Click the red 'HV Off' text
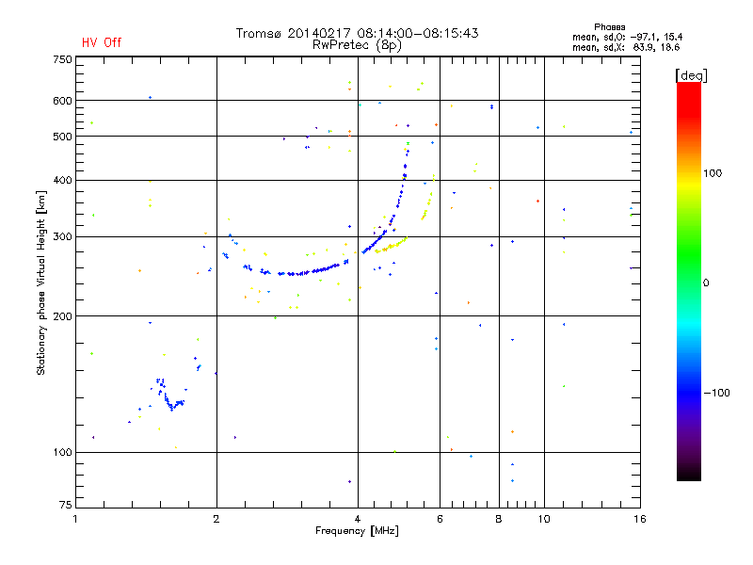pyautogui.click(x=102, y=42)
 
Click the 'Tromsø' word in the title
pyautogui.click(x=259, y=33)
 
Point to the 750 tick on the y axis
pyautogui.click(x=62, y=59)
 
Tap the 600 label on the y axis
pyautogui.click(x=62, y=101)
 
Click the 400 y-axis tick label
pyautogui.click(x=62, y=180)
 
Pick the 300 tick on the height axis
pyautogui.click(x=62, y=236)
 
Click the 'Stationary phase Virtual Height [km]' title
pyautogui.click(x=41, y=282)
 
